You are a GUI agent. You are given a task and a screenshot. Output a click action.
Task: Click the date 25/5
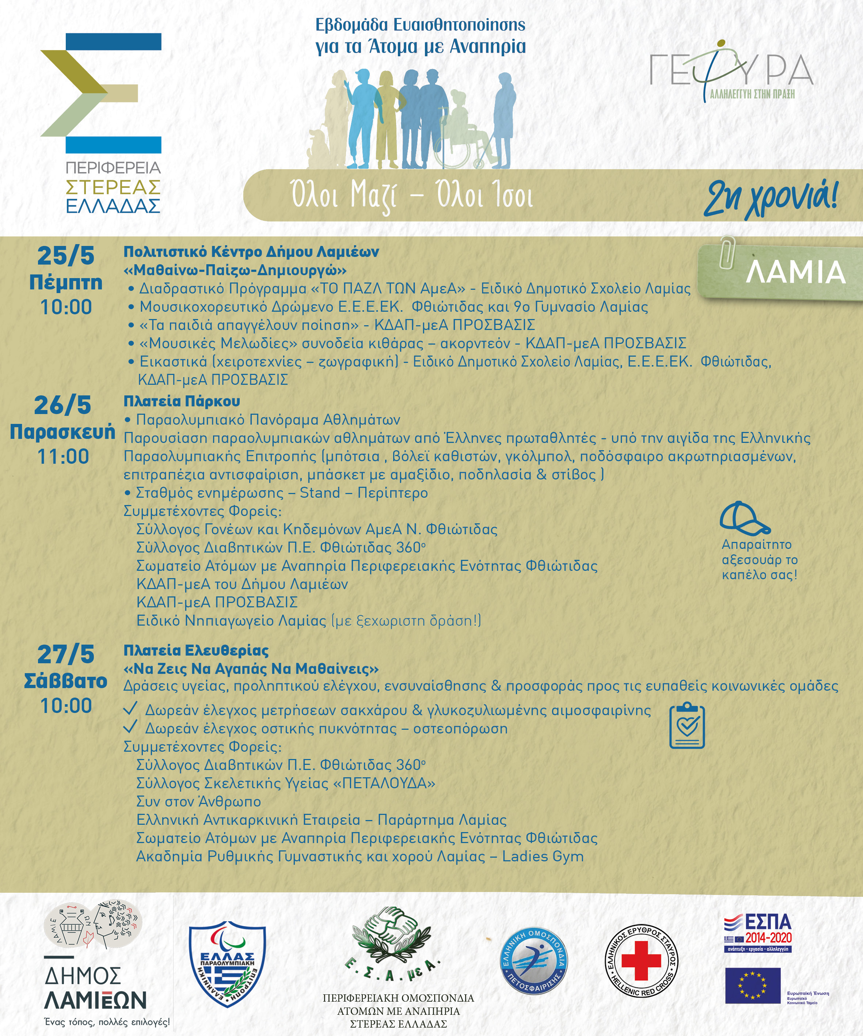point(66,256)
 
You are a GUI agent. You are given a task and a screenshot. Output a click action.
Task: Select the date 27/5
point(66,654)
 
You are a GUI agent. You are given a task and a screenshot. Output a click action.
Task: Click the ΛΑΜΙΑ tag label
point(795,272)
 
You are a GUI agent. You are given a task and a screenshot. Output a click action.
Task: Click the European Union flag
point(753,985)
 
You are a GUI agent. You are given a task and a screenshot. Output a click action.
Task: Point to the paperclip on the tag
point(726,251)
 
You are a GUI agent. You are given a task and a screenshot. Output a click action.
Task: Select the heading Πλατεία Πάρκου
point(182,402)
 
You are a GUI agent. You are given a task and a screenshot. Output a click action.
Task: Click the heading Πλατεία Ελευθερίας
point(196,651)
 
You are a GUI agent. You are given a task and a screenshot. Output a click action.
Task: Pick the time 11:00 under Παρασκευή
point(63,457)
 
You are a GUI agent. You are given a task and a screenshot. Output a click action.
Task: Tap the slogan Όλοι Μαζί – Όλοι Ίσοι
point(412,196)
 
